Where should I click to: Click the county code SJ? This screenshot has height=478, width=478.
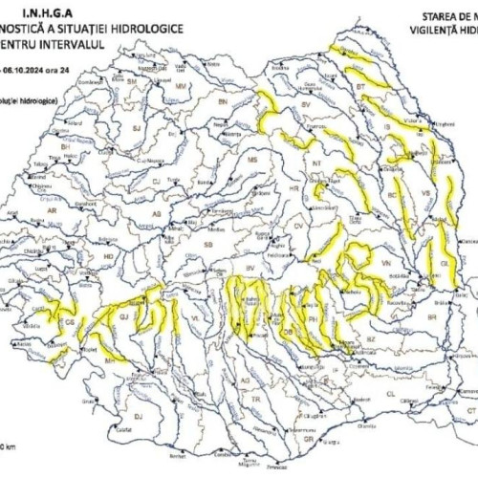coord(136,126)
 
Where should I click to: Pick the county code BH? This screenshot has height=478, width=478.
coord(66,146)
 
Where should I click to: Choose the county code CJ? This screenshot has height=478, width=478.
coord(156,179)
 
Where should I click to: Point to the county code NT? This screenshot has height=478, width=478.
coord(315,163)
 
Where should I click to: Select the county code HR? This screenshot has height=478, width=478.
coord(293,188)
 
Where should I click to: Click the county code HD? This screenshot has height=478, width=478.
coord(108,257)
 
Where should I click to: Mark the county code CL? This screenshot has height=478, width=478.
coord(390,393)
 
